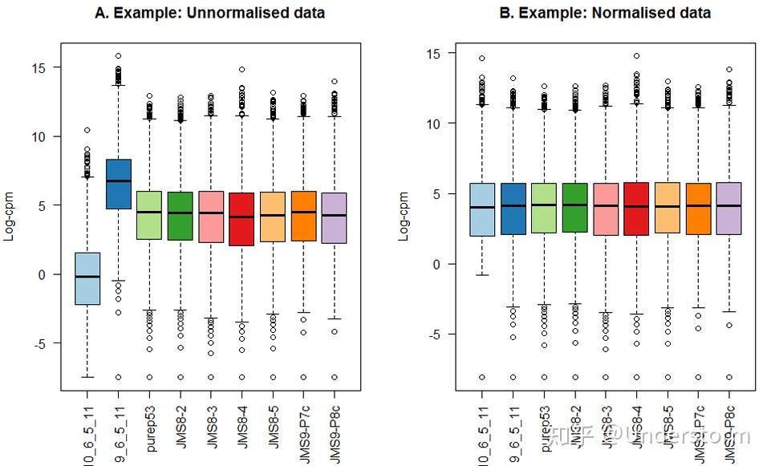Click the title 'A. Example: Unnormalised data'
(x=210, y=13)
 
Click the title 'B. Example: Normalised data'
(x=605, y=13)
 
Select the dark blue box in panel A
(x=119, y=184)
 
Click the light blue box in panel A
(x=88, y=278)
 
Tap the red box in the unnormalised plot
(x=241, y=219)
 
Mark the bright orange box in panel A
(x=303, y=216)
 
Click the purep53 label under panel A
(x=150, y=430)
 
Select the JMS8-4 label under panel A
(x=241, y=430)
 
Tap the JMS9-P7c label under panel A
(x=303, y=430)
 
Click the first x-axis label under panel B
(x=482, y=433)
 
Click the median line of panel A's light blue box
(x=88, y=277)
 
